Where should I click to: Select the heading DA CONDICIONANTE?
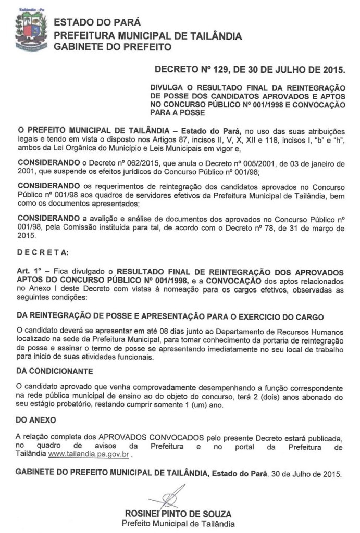tap(55, 372)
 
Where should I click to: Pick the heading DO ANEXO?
tap(35, 419)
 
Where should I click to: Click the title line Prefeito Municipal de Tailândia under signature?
tap(178, 523)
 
